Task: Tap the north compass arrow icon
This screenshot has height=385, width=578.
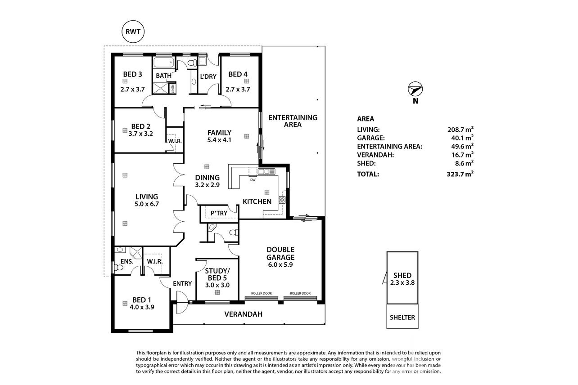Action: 415,89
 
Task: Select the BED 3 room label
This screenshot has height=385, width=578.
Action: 133,74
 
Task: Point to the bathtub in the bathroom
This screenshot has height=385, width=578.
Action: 164,63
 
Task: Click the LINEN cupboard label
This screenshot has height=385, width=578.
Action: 172,89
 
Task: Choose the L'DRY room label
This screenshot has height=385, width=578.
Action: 208,76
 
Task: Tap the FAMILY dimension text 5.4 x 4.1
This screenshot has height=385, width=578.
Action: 219,140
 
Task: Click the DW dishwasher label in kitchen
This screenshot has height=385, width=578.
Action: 253,180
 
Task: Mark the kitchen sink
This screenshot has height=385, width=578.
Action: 266,171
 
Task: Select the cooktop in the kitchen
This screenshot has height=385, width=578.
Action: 282,200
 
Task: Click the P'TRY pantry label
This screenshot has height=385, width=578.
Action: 219,213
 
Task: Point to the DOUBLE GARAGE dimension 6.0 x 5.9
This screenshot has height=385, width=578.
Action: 280,264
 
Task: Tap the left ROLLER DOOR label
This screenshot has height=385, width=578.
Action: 262,293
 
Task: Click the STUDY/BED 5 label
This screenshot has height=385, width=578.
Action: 217,274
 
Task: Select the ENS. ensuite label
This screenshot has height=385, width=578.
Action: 127,261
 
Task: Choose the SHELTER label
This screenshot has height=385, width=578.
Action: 402,317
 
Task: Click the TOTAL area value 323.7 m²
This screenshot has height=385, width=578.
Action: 460,174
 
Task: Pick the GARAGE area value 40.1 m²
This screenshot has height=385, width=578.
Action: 462,138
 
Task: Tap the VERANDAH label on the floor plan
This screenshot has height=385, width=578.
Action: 244,314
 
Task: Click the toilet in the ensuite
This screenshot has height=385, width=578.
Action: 118,268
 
